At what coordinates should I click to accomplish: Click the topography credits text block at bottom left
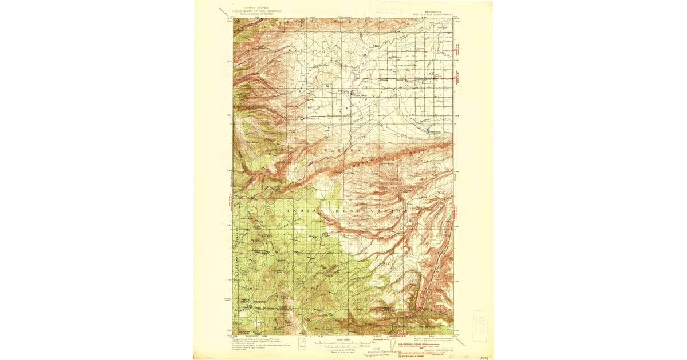(x=252, y=344)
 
